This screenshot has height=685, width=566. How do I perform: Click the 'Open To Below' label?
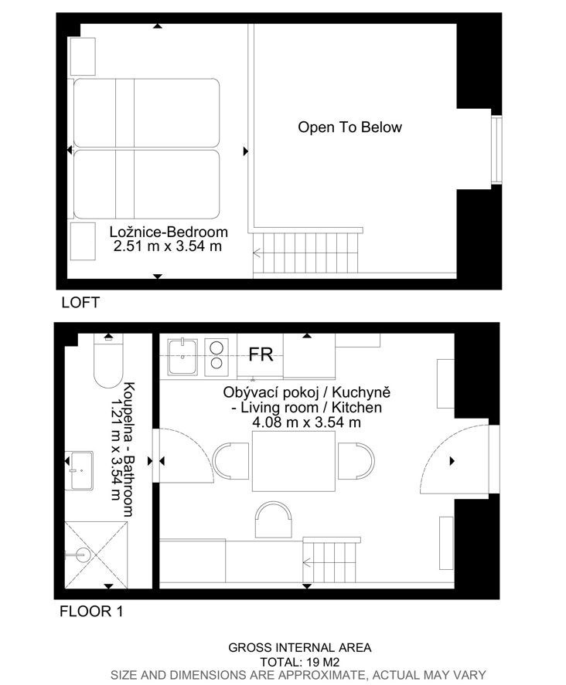pos(349,127)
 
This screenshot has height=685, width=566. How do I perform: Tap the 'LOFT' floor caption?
pos(80,302)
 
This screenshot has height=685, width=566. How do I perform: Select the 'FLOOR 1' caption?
pos(91,611)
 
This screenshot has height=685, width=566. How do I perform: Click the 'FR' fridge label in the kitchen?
pos(261,354)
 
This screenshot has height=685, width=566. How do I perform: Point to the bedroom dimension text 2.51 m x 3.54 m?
pos(168,246)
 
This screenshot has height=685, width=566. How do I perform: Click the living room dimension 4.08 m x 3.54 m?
pos(307,422)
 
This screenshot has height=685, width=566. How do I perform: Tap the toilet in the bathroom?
pos(108,361)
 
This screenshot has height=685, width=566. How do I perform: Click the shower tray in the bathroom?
pos(96,554)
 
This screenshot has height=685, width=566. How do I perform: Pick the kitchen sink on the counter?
pos(182,357)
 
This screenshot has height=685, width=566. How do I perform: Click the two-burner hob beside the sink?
pos(217,357)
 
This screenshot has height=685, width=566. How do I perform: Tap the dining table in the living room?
pos(294,461)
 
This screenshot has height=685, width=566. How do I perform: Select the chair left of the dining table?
pos(230,461)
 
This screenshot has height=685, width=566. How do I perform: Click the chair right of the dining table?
pos(356,461)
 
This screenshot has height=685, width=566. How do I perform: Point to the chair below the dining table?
pos(274,520)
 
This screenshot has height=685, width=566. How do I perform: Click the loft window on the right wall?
pos(496,150)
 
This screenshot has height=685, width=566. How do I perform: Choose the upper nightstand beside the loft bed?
pos(83,57)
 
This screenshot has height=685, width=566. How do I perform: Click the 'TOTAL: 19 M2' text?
pos(299,662)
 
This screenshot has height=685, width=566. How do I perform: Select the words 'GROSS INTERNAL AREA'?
pos(299,647)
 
